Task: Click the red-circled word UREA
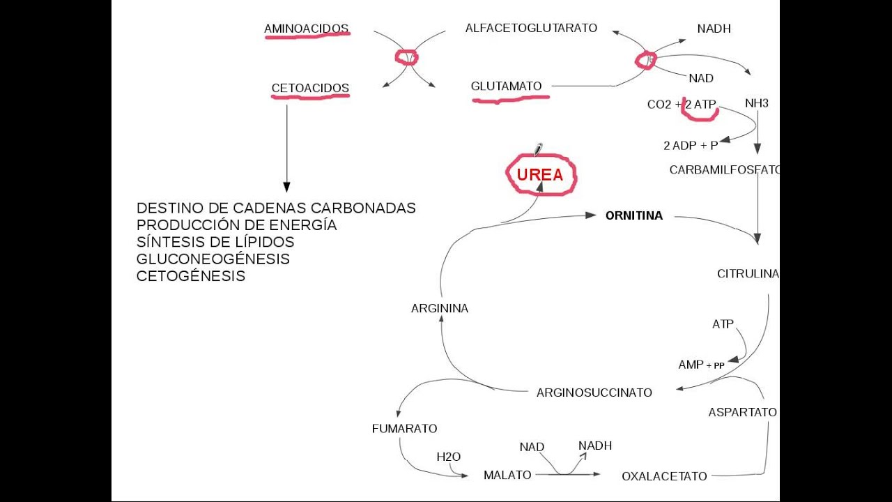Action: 540,175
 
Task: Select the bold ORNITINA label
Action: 633,216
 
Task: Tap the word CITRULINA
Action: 747,274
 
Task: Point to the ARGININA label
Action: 439,308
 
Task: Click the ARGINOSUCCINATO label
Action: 594,393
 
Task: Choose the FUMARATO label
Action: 404,429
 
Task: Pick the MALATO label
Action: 507,475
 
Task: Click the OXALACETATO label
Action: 664,476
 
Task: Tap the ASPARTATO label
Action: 742,412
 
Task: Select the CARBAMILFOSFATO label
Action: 724,170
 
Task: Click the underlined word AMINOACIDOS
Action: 306,29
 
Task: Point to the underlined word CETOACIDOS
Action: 310,89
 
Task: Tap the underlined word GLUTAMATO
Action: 506,86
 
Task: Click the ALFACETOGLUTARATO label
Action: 531,28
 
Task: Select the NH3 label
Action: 756,103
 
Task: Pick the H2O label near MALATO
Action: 448,457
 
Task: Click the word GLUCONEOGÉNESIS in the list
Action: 213,259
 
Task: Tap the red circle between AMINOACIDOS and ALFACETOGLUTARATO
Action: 406,57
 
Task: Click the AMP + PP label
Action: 700,365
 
